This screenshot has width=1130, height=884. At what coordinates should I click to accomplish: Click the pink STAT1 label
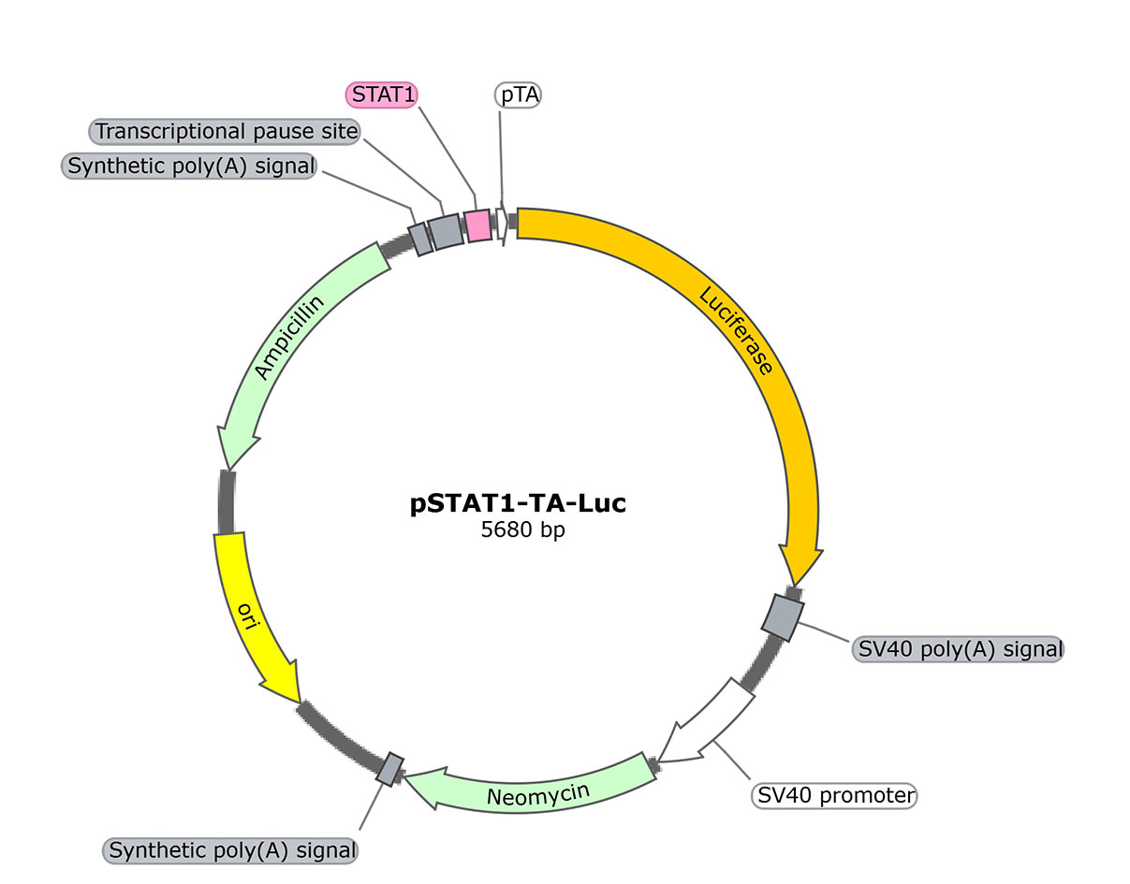381,94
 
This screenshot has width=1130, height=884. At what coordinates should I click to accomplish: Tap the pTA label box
518,94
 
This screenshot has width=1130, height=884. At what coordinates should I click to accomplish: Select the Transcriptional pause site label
227,132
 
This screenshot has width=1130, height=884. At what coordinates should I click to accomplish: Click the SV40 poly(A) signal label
957,648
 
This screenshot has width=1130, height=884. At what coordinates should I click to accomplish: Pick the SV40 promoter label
834,795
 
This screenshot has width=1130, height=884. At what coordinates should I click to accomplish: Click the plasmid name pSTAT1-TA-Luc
518,503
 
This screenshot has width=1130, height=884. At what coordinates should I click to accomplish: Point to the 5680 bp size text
518,530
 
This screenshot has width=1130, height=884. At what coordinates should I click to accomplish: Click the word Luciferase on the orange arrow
737,330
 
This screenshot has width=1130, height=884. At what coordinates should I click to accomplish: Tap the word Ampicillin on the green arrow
289,338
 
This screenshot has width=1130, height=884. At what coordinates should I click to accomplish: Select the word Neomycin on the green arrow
538,794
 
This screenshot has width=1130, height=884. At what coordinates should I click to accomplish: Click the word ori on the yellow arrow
247,617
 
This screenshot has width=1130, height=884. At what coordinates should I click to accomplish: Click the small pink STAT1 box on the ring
478,225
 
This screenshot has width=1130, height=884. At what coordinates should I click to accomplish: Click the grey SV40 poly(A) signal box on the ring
781,617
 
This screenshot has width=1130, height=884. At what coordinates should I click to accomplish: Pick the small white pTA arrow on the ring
502,222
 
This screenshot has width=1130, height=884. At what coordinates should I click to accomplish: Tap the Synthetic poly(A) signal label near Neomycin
231,851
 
